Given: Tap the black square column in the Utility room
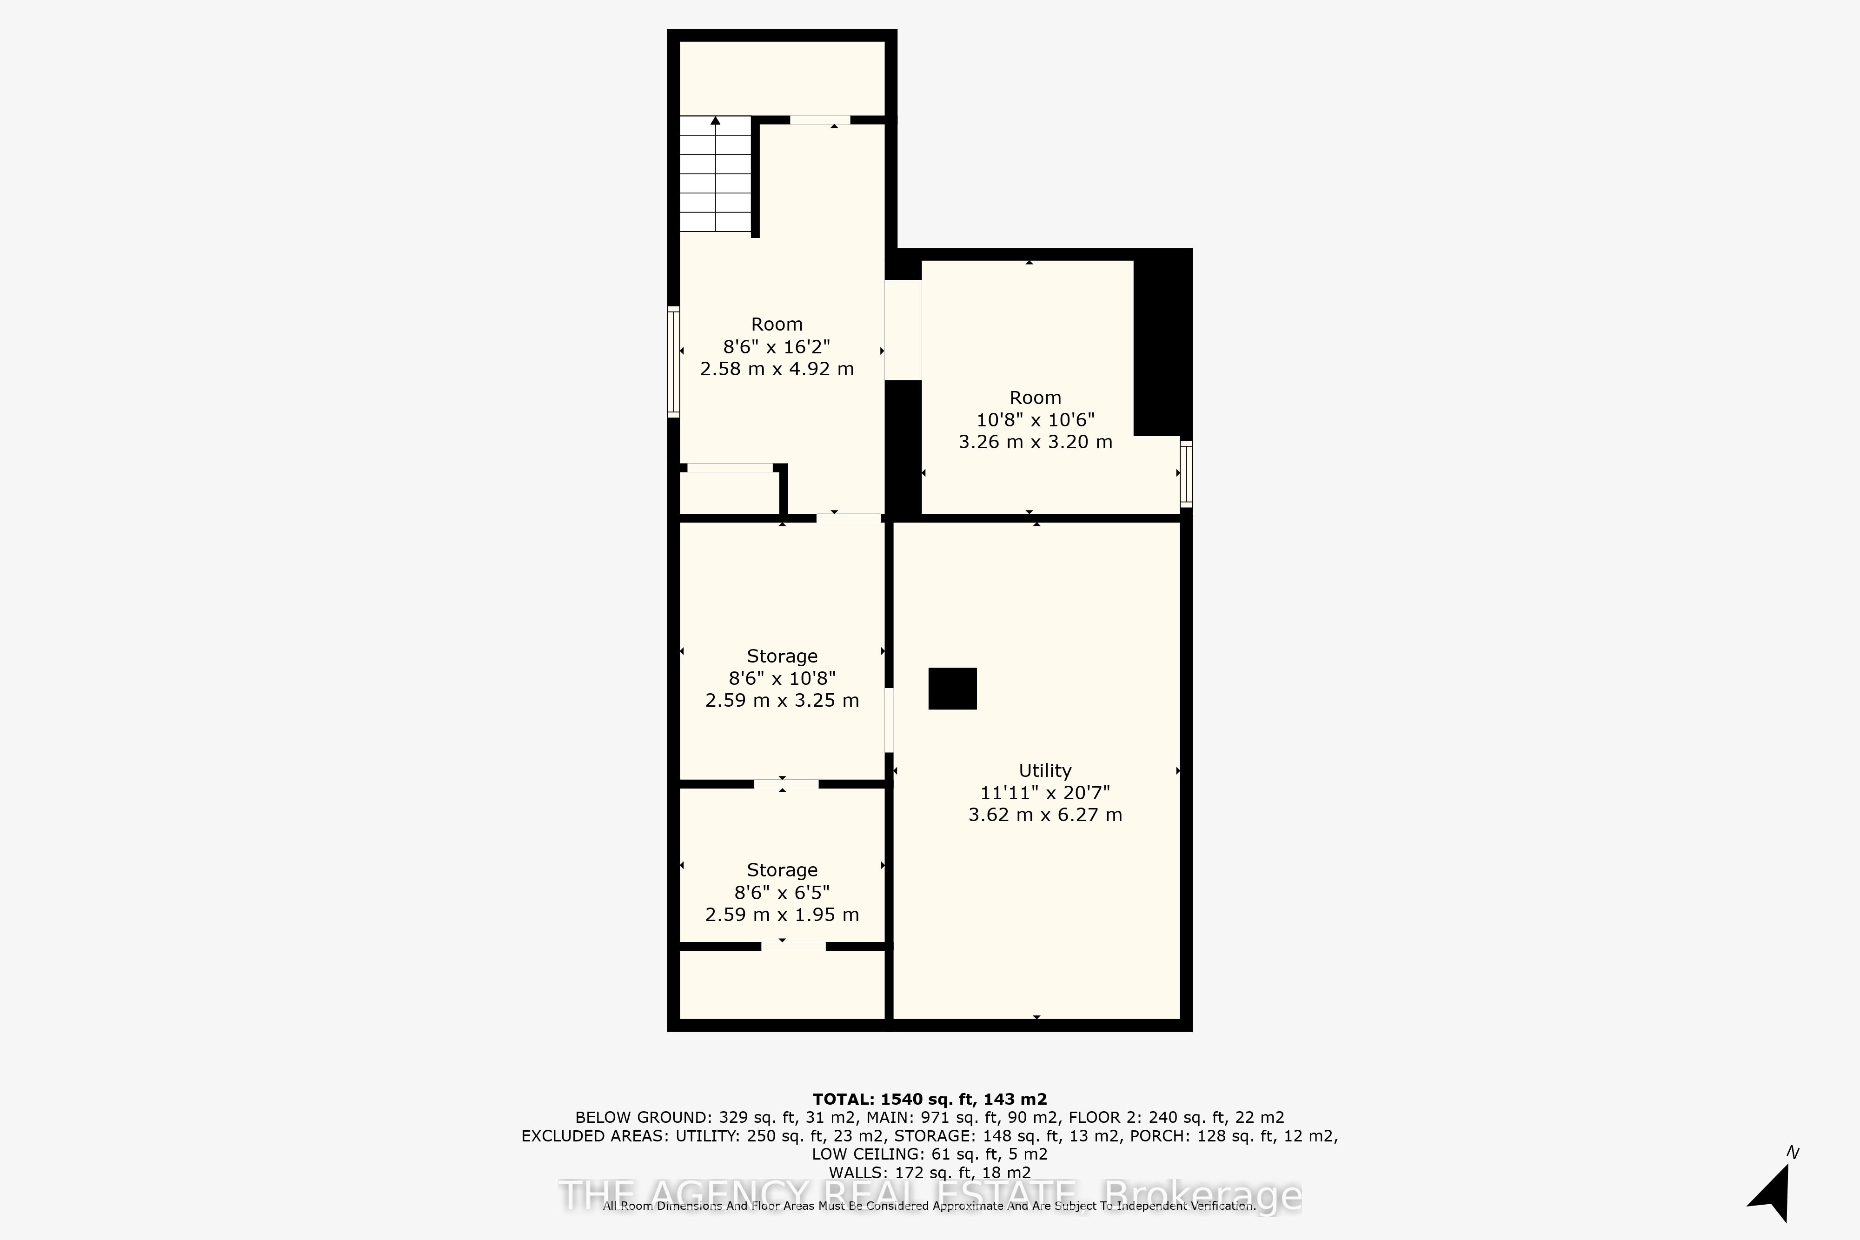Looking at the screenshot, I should point(952,688).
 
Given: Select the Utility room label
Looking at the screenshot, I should point(1045,770).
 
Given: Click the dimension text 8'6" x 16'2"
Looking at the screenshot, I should point(777,346).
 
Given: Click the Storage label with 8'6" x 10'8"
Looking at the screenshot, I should point(781,656).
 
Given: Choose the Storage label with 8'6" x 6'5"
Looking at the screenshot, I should point(781,870).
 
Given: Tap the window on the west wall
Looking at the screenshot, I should point(674,361).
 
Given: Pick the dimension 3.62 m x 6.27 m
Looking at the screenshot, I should point(1045,815).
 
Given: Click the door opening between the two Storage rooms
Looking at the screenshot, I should point(785,784).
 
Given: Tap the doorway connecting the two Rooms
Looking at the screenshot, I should point(902,330).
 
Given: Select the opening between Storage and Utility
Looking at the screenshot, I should point(889,720).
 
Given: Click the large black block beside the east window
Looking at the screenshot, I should point(1161,345).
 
